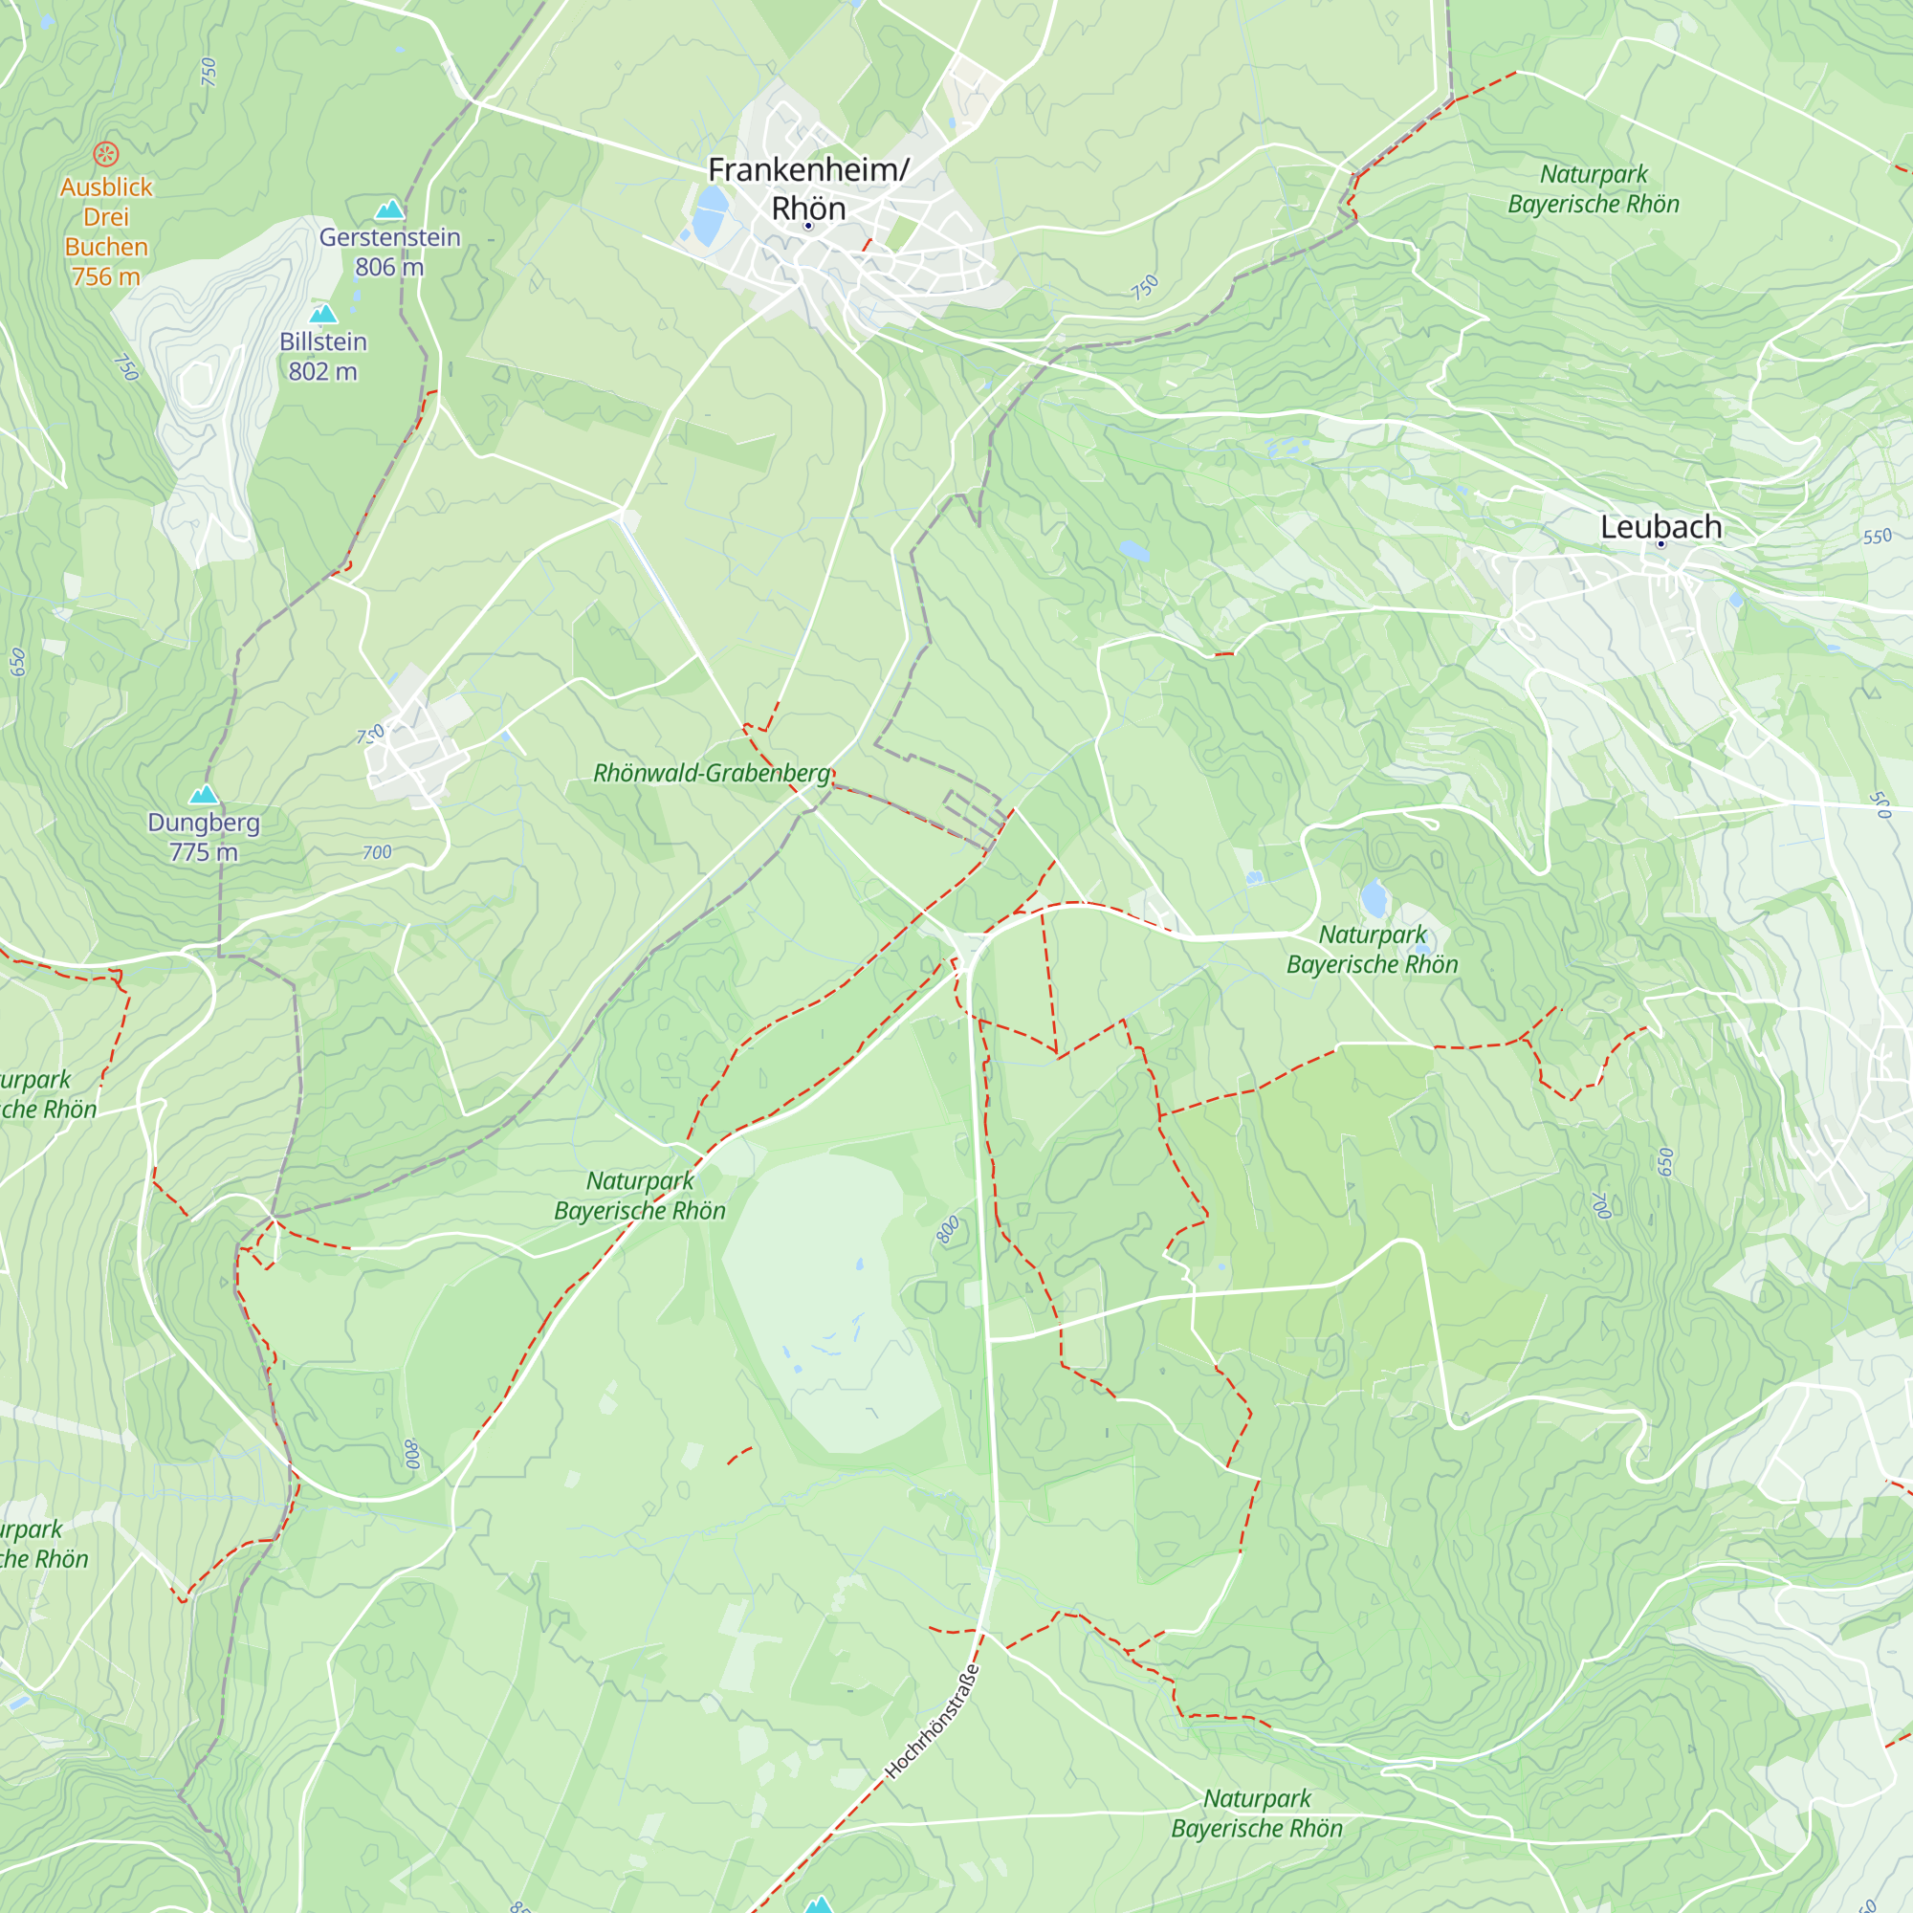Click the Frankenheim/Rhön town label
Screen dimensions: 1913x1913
pyautogui.click(x=808, y=189)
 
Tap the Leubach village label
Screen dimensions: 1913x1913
pyautogui.click(x=1660, y=527)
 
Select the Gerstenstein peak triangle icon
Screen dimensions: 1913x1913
pyautogui.click(x=390, y=209)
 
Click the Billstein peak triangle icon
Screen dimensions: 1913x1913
pyautogui.click(x=322, y=314)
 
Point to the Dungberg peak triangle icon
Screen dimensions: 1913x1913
pyautogui.click(x=203, y=794)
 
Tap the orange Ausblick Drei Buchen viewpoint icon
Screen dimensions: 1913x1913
pyautogui.click(x=106, y=153)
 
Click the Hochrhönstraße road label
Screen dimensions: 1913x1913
pyautogui.click(x=932, y=1722)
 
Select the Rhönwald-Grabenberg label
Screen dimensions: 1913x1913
pyautogui.click(x=711, y=773)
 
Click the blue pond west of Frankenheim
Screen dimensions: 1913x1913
pyautogui.click(x=709, y=215)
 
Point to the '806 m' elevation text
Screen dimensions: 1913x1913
pyautogui.click(x=389, y=268)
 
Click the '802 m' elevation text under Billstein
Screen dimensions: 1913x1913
pyautogui.click(x=322, y=371)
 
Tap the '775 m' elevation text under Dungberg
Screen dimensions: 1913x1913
pyautogui.click(x=203, y=851)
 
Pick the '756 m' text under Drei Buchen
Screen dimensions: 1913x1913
pyautogui.click(x=106, y=276)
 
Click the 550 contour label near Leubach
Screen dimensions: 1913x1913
pyautogui.click(x=1877, y=537)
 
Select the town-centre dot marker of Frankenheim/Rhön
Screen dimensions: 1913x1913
pyautogui.click(x=808, y=226)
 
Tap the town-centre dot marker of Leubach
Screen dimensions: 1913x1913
pyautogui.click(x=1660, y=543)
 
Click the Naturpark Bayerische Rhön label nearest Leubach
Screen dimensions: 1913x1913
pyautogui.click(x=1372, y=949)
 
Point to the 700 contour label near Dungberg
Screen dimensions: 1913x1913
pyautogui.click(x=376, y=852)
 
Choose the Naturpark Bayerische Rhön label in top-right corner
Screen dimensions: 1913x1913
pyautogui.click(x=1594, y=189)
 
